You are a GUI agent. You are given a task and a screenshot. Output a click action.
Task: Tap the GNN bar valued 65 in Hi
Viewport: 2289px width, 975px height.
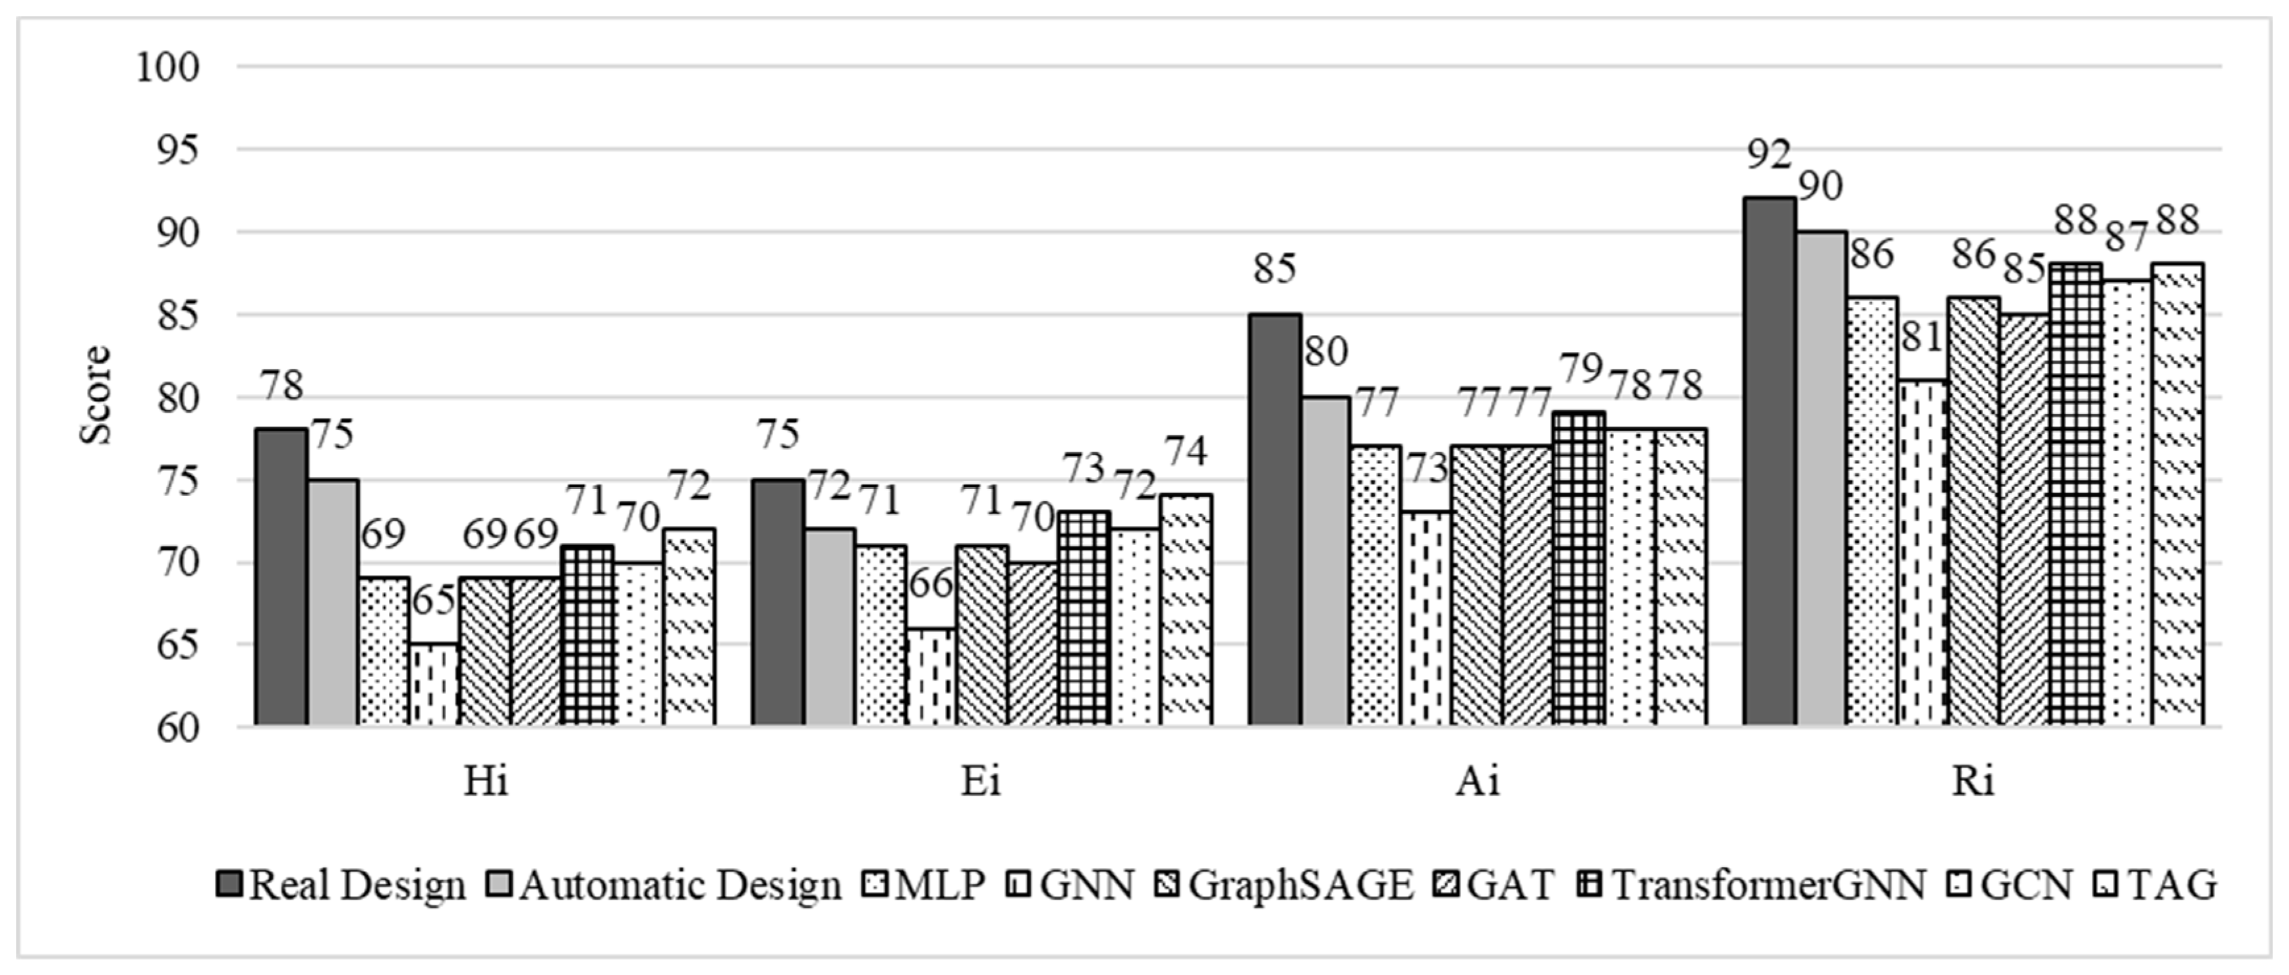(434, 684)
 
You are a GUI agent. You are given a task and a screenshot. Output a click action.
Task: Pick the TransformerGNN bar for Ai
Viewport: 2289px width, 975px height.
(1579, 569)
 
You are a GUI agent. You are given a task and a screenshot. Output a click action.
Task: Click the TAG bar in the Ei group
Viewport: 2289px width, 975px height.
(1186, 610)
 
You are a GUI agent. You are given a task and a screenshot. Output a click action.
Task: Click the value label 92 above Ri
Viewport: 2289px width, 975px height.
(1768, 156)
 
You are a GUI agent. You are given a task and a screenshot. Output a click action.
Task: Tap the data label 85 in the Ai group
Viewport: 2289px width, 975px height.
(1274, 268)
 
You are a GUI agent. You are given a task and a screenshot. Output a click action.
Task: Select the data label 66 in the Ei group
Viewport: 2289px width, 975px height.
(931, 584)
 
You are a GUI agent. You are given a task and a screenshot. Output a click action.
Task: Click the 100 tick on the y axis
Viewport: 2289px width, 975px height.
(167, 67)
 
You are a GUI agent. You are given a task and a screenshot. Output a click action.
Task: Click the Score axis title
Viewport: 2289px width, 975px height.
(96, 396)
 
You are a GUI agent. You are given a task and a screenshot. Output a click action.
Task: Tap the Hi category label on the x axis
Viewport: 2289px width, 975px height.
(485, 781)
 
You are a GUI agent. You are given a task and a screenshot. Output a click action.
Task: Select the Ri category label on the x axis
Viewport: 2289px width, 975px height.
(1973, 781)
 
